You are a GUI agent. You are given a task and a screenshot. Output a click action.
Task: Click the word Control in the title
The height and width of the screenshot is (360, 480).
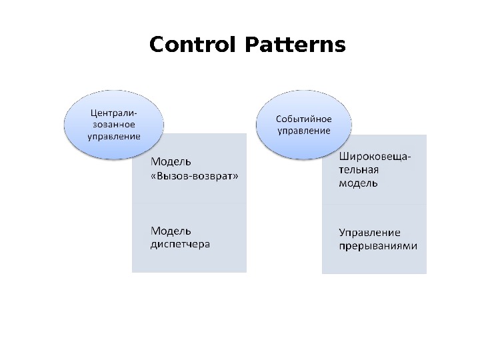tap(194, 45)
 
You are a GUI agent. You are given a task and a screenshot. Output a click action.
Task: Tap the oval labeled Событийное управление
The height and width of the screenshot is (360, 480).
tap(304, 125)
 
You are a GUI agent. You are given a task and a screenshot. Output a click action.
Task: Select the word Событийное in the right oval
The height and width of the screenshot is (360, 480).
tap(304, 119)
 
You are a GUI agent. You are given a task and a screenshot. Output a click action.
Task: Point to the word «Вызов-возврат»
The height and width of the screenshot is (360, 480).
tap(194, 176)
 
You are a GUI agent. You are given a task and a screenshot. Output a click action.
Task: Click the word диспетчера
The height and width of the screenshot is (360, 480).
tap(180, 244)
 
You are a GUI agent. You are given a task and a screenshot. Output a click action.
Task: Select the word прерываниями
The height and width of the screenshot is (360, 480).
tap(378, 245)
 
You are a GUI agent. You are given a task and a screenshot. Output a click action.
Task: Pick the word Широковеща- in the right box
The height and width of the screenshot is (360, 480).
tap(375, 157)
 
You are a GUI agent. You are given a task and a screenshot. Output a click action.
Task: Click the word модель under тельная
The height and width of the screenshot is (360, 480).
tap(358, 183)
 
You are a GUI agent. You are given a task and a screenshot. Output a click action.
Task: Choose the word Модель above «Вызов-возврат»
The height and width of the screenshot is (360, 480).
tap(171, 161)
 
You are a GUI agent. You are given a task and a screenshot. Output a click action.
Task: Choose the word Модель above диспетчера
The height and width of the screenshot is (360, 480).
tap(171, 231)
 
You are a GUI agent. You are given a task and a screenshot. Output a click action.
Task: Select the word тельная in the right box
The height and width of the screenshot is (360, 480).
tap(359, 170)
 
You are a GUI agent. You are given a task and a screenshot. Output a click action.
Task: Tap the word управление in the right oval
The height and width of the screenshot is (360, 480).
tap(304, 131)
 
